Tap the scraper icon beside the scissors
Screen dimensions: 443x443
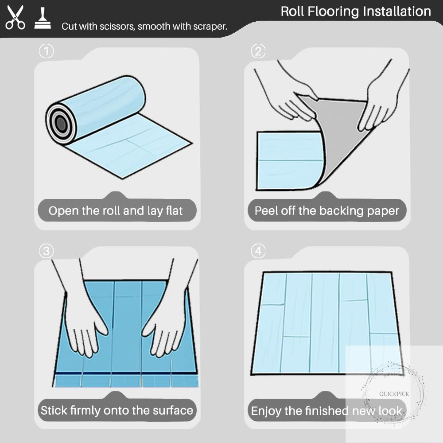(43, 18)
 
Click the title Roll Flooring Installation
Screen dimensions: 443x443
(356, 12)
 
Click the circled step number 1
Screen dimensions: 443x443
(47, 51)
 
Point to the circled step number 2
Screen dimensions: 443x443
(258, 51)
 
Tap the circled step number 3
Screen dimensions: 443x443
(47, 251)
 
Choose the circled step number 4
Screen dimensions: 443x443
(258, 251)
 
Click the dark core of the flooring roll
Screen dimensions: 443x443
(61, 124)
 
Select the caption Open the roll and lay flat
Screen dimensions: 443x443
(116, 211)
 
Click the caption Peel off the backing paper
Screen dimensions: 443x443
(327, 211)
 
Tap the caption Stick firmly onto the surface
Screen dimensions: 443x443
(117, 410)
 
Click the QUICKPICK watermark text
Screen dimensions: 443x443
(394, 394)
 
